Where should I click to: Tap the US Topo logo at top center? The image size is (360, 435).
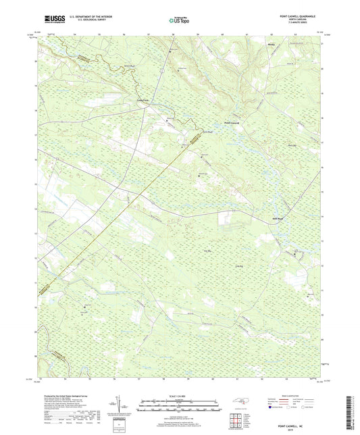click(178, 20)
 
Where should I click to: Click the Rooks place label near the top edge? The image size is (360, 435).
click(272, 45)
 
